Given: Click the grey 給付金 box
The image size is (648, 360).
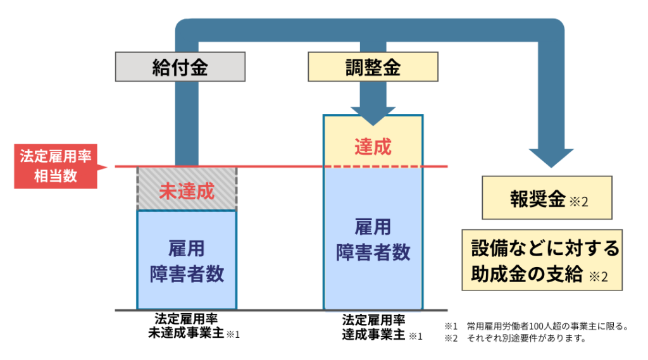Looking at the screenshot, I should [x=180, y=67].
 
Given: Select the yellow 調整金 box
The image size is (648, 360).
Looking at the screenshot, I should [x=373, y=67].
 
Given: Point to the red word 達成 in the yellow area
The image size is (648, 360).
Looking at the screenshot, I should [x=373, y=147].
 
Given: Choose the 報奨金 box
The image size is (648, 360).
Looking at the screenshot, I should [x=547, y=200].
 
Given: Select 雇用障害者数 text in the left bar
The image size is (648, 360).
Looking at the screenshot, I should [x=187, y=260].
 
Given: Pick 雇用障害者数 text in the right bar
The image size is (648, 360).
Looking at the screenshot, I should [x=373, y=239].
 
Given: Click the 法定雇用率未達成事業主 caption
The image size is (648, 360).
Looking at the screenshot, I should [x=187, y=326].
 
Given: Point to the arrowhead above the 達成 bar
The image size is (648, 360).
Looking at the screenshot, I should [x=373, y=115].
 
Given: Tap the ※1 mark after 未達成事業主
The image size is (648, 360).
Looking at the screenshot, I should [x=233, y=334].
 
